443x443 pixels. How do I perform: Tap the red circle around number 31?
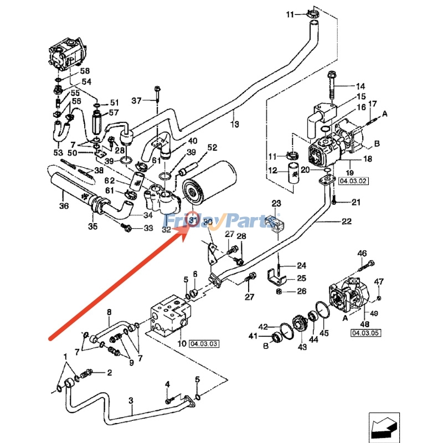[x=193, y=219]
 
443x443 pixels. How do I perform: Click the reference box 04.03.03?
[x=204, y=344]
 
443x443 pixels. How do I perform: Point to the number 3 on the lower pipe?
[x=132, y=400]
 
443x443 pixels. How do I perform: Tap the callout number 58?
[x=85, y=71]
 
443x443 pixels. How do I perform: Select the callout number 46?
[x=362, y=254]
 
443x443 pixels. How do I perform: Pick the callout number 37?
[x=136, y=100]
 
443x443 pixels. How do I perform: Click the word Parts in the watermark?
[x=255, y=221]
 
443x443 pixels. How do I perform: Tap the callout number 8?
[x=109, y=313]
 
